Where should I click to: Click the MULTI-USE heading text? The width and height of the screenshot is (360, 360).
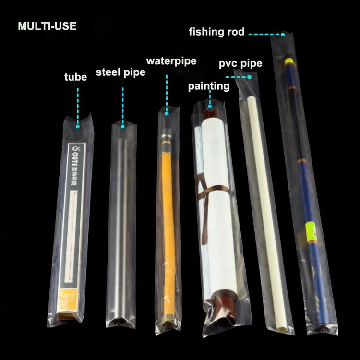(47, 26)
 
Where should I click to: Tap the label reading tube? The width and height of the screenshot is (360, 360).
(76, 77)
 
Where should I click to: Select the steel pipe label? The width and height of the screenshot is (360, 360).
(120, 73)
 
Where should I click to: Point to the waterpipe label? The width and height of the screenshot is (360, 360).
(171, 61)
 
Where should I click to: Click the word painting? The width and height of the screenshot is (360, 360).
(208, 86)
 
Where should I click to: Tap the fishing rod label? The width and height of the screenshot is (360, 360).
(216, 32)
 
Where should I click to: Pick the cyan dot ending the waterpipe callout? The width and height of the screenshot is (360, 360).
(167, 114)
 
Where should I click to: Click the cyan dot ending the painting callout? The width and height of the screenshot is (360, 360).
(210, 107)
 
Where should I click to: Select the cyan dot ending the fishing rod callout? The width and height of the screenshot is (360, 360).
(283, 34)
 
